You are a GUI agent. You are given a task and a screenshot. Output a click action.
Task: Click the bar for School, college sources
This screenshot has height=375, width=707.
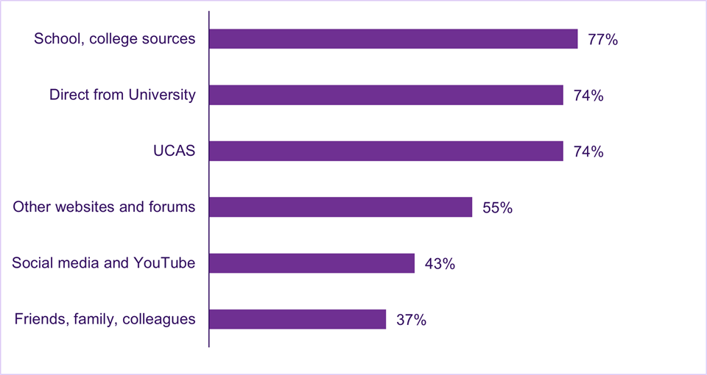(x=393, y=39)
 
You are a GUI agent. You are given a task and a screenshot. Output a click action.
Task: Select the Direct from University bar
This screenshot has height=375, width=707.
(x=386, y=95)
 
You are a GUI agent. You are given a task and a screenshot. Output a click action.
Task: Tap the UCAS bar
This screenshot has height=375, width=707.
(x=386, y=151)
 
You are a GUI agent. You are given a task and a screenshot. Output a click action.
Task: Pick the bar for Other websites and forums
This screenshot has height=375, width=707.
(x=340, y=207)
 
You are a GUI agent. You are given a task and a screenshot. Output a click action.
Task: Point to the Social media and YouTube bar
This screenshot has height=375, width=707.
(x=312, y=263)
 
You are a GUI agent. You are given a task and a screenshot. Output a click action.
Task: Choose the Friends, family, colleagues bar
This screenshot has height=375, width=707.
(x=298, y=319)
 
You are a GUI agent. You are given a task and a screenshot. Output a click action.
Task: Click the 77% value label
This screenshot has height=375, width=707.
(x=602, y=40)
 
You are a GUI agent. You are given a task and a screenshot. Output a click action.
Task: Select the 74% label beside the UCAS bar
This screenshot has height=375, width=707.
(x=588, y=151)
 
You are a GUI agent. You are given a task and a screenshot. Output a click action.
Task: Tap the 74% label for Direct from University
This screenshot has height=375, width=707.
(x=588, y=96)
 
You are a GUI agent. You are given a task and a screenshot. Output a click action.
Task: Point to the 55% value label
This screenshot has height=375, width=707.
(x=497, y=208)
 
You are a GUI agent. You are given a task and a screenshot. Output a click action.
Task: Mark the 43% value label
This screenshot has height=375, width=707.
(x=440, y=264)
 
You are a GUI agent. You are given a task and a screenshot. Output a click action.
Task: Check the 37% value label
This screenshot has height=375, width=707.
(x=411, y=320)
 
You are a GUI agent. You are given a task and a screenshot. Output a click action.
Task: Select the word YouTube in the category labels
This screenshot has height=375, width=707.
(x=166, y=262)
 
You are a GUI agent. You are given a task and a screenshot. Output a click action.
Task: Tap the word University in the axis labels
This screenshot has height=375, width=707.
(x=164, y=95)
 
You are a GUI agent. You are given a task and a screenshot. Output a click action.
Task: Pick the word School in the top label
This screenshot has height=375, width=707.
(x=54, y=39)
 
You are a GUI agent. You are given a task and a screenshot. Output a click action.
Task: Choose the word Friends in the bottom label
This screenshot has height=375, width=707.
(x=38, y=319)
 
